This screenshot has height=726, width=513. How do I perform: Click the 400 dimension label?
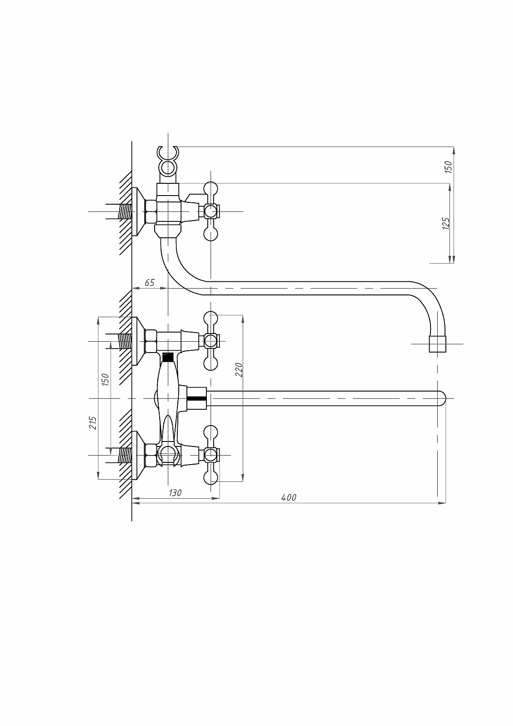click(x=288, y=497)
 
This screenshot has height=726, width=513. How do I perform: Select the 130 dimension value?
click(x=175, y=493)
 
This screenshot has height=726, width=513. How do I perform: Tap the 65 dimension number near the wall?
click(x=150, y=283)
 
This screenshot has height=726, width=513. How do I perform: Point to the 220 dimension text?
click(x=239, y=369)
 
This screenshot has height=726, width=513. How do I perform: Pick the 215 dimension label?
click(x=93, y=423)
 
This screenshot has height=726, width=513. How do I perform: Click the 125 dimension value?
click(x=446, y=223)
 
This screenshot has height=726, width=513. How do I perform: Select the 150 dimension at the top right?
click(x=448, y=167)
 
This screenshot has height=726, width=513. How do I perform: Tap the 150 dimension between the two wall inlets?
click(x=105, y=379)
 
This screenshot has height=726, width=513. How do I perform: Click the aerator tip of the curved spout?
click(x=437, y=344)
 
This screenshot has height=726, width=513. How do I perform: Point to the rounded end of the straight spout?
click(x=441, y=398)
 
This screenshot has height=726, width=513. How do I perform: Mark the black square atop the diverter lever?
click(x=168, y=357)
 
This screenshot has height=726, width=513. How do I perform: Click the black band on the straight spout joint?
click(x=197, y=398)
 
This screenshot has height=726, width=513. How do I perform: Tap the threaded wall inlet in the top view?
click(x=125, y=211)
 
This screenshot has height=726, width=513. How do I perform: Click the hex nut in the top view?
click(x=151, y=211)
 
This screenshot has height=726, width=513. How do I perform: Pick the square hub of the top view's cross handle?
click(x=211, y=211)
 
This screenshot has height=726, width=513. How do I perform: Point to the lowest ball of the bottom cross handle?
click(x=211, y=477)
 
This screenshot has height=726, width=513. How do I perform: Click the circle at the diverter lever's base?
click(x=168, y=452)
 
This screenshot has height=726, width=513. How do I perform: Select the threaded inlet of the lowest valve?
click(x=125, y=455)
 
